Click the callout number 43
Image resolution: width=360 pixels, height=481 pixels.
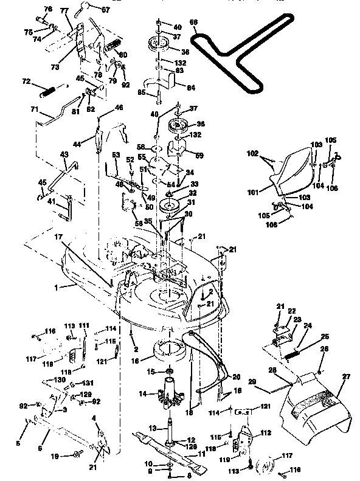coord(64,156)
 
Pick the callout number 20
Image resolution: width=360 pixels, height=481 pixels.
coord(236,376)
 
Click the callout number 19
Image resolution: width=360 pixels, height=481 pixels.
coord(55,455)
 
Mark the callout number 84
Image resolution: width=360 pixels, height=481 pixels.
coord(190,87)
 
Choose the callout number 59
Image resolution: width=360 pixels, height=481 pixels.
coord(199,156)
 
